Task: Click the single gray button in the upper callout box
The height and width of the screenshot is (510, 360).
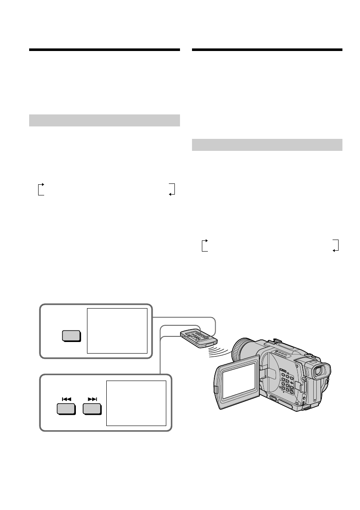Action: tap(71, 336)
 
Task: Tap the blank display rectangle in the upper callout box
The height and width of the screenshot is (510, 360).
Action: tap(117, 330)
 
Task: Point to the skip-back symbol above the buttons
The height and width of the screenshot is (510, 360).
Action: tap(66, 399)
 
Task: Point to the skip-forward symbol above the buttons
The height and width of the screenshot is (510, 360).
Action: tap(92, 399)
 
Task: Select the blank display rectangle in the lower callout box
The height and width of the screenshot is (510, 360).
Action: tap(136, 403)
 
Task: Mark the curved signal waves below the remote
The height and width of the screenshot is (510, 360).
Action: tap(221, 353)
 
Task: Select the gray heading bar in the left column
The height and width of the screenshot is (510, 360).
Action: tap(104, 120)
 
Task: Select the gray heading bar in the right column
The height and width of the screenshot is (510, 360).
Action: tap(267, 145)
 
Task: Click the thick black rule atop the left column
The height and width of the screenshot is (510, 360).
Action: tap(104, 50)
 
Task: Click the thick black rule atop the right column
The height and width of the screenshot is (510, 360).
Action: tap(267, 50)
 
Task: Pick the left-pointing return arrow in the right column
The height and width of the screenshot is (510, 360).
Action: tap(336, 246)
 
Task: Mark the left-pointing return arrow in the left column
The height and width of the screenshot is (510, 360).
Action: tap(172, 189)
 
